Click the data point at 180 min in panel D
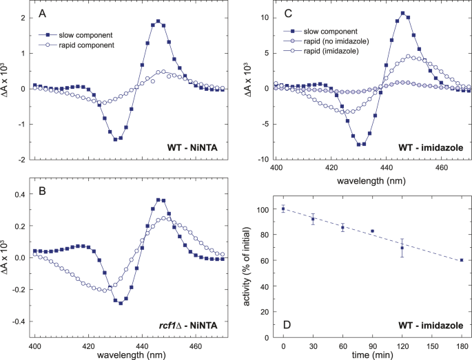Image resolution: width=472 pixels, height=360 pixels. coord(462,260)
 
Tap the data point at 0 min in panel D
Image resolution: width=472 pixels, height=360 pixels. coord(283,209)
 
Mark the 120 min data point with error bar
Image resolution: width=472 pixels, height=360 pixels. coord(402,248)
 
